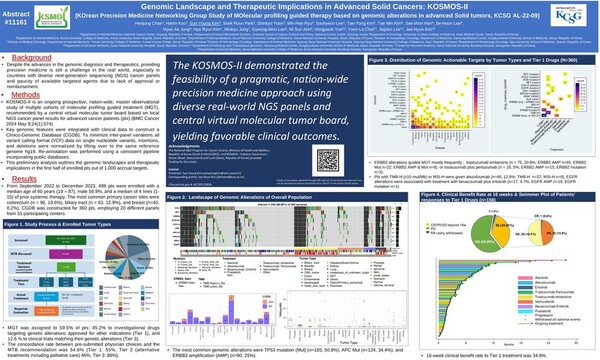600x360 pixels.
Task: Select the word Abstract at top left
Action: coord(18,7)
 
